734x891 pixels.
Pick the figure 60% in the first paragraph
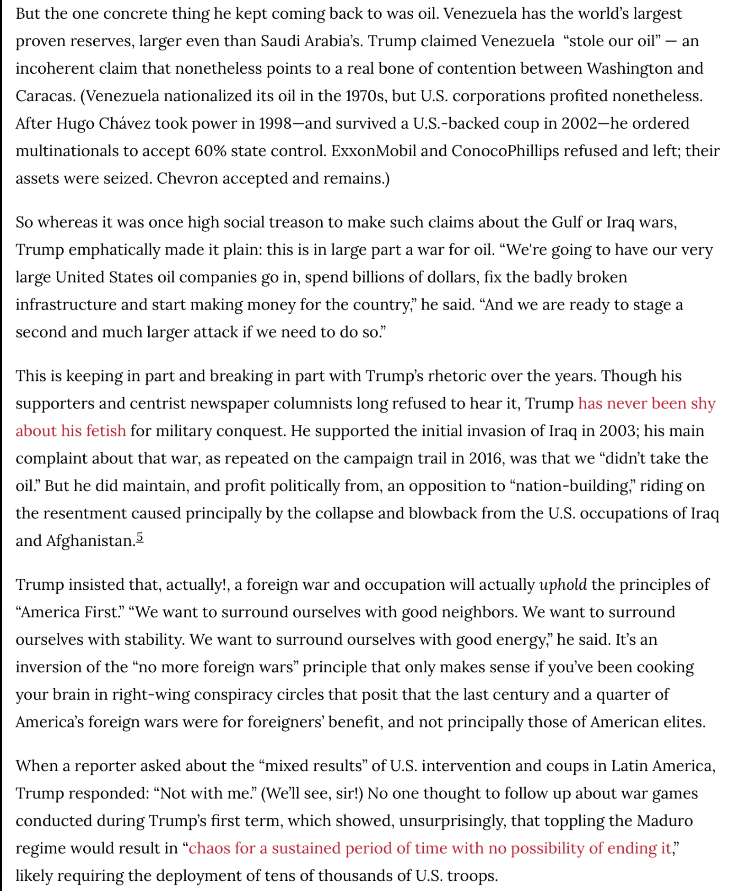click(x=210, y=151)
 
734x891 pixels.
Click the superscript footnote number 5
click(x=140, y=537)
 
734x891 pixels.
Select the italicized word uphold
click(x=563, y=585)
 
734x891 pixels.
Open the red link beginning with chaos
click(x=430, y=848)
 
